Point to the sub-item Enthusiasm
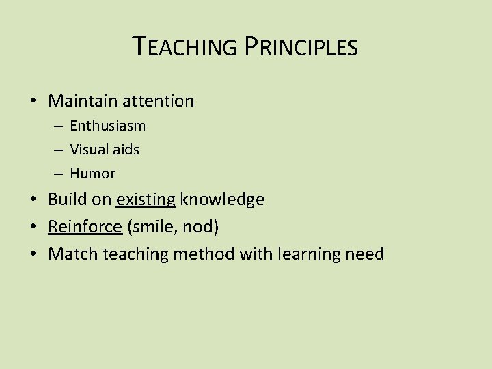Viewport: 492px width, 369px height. [107, 126]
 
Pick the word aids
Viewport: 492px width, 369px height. [126, 150]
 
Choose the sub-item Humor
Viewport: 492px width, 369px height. [92, 174]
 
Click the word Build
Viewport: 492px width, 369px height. [66, 200]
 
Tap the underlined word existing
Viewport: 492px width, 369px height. [146, 200]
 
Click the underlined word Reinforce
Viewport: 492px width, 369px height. [84, 227]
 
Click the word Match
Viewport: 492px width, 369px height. [73, 254]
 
